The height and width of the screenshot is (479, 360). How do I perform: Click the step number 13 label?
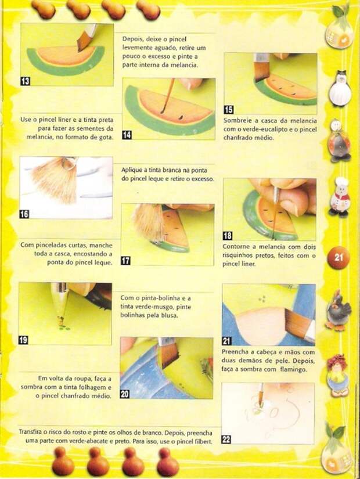(26, 81)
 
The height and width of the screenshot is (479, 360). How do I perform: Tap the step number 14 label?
(127, 135)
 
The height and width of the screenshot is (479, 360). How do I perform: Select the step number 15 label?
(228, 109)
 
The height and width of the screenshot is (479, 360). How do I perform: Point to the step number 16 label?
(24, 214)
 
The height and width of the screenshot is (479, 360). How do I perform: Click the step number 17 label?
(125, 261)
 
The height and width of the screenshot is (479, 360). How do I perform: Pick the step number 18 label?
(228, 236)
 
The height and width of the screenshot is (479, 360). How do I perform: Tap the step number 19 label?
(23, 340)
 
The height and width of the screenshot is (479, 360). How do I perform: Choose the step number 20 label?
(125, 394)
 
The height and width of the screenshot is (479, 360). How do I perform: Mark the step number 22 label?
(226, 440)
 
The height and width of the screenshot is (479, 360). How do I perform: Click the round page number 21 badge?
(338, 257)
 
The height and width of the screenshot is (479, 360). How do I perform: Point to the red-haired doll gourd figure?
(339, 375)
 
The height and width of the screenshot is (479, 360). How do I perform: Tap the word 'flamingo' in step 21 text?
(293, 369)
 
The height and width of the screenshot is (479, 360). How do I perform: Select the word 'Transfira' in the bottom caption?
(30, 432)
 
